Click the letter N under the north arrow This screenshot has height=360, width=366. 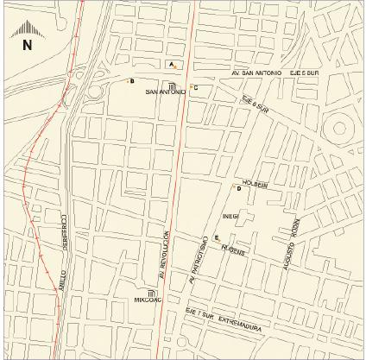tap(27, 44)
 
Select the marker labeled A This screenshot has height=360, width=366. tap(172, 65)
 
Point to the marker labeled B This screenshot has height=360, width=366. tap(131, 81)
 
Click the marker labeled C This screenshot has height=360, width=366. tap(194, 87)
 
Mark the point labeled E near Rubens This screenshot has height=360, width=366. tap(217, 237)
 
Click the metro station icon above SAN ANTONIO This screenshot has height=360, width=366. tap(172, 85)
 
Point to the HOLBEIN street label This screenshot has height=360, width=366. tap(256, 183)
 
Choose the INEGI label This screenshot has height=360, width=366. tap(230, 216)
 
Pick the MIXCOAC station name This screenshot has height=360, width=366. tap(148, 301)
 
